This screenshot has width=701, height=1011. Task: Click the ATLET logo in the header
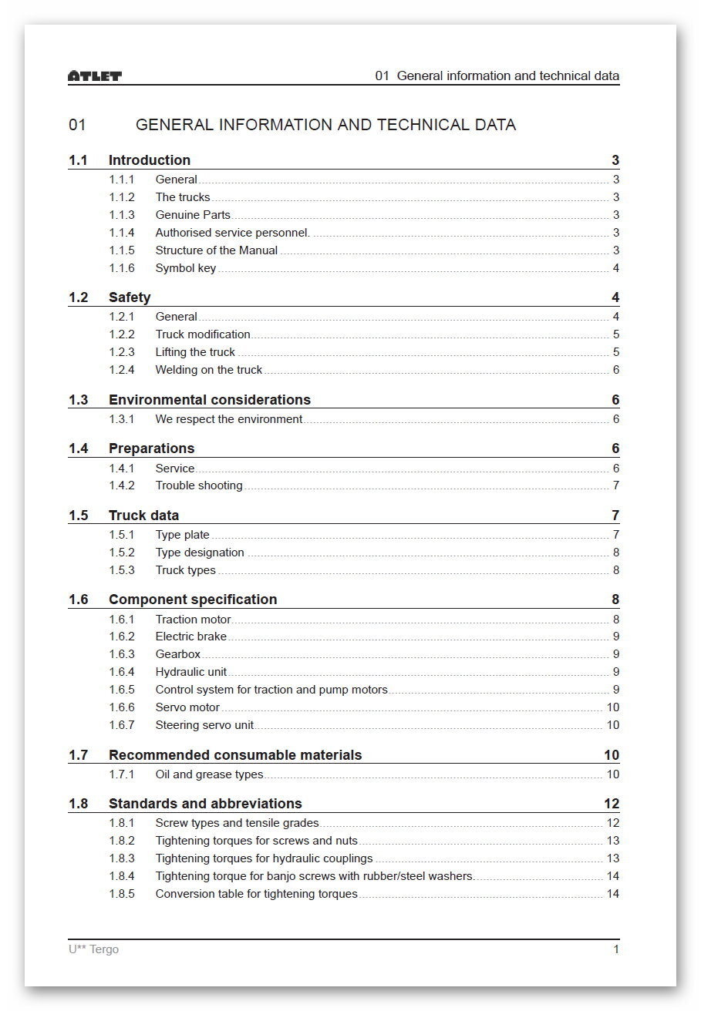click(x=95, y=76)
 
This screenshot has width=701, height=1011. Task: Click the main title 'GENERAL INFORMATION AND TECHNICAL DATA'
click(x=325, y=125)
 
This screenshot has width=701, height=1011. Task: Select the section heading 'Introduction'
click(x=149, y=160)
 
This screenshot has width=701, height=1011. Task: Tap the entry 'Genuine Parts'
click(x=193, y=215)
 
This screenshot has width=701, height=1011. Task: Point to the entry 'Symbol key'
click(x=186, y=268)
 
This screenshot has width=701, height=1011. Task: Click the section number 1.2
click(x=78, y=297)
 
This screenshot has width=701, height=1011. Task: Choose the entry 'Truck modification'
click(x=203, y=334)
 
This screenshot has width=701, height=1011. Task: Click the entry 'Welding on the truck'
click(x=209, y=370)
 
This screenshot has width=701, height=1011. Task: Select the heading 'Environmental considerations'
click(x=210, y=400)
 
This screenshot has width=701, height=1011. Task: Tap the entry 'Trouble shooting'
click(x=199, y=485)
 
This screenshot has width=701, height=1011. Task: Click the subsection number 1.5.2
click(x=122, y=553)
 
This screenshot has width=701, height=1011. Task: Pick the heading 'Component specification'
click(x=193, y=600)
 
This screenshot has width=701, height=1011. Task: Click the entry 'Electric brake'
click(x=191, y=636)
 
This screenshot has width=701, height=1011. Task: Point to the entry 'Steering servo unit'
click(x=204, y=725)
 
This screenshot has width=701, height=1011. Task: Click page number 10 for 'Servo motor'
click(x=612, y=707)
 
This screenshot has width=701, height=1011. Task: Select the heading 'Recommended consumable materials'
click(x=235, y=755)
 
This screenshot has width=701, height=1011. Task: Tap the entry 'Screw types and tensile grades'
click(x=237, y=823)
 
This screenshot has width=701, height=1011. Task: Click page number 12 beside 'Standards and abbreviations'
click(x=612, y=804)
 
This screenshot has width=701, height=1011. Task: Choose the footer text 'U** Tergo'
click(x=93, y=949)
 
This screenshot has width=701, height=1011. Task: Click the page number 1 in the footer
click(x=616, y=949)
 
